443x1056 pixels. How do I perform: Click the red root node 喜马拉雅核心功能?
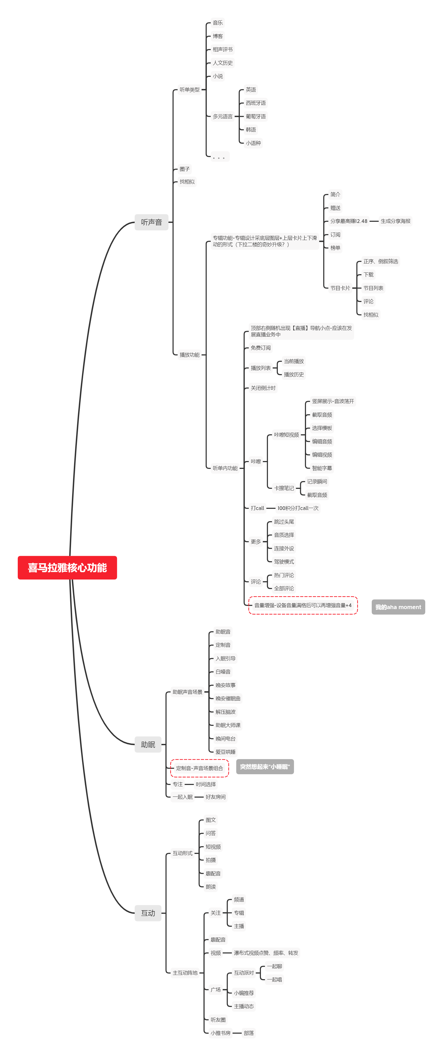click(67, 567)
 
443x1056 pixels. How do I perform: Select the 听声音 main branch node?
click(152, 222)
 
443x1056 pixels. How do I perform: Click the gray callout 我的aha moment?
click(398, 607)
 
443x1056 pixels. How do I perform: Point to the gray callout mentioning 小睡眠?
click(265, 767)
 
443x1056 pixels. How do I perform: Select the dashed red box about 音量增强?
click(303, 605)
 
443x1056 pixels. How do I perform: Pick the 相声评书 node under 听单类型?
click(223, 50)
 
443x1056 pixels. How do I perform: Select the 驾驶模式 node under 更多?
click(284, 561)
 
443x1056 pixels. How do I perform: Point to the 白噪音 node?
click(223, 672)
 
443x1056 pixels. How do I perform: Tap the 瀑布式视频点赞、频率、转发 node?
click(266, 953)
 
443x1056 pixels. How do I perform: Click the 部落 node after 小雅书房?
click(248, 1033)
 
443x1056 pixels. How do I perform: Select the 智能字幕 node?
click(322, 468)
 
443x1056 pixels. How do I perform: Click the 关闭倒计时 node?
click(263, 388)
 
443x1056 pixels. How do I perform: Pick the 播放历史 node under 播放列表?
click(294, 375)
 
